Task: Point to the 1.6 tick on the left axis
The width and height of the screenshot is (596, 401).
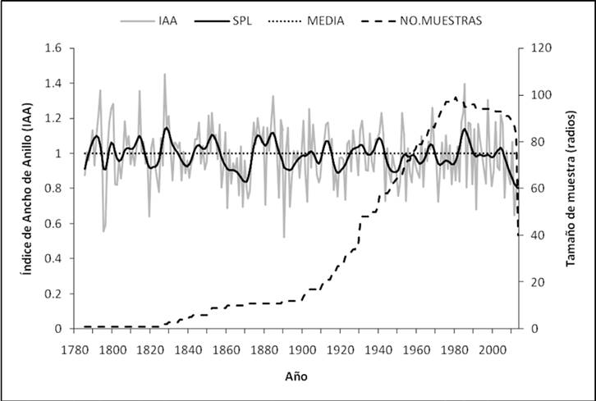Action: pos(53,48)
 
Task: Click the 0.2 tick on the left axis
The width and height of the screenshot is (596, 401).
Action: pos(53,294)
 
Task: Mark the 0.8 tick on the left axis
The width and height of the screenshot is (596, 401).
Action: pos(53,189)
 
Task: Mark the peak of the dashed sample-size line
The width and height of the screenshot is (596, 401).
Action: pos(456,98)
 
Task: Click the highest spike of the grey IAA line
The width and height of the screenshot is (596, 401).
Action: pos(164,74)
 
